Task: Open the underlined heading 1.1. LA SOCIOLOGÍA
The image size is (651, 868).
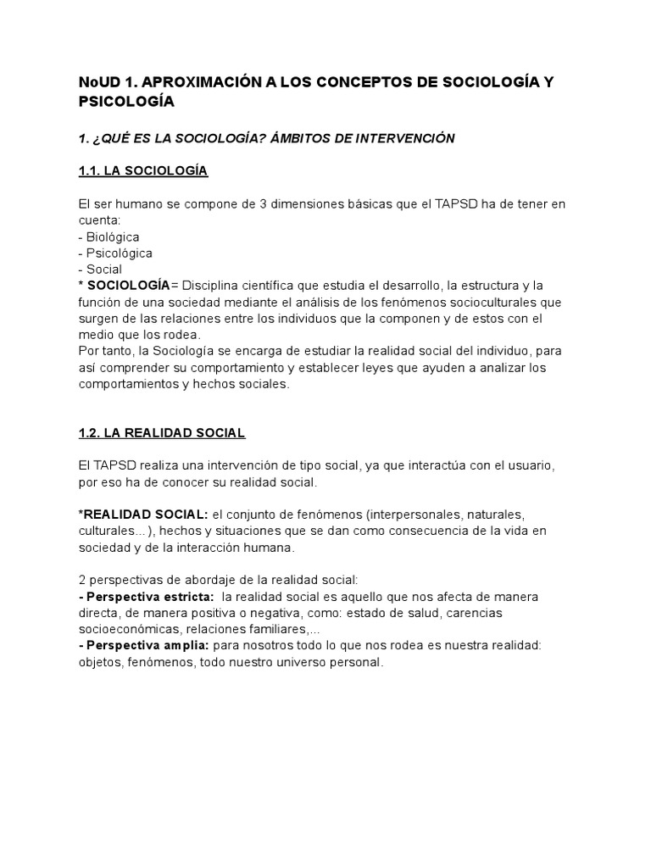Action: click(x=142, y=171)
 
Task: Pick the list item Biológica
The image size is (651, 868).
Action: click(x=112, y=236)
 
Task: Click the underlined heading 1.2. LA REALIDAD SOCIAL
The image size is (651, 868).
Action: click(x=161, y=433)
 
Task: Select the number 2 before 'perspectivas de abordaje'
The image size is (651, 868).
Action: click(x=81, y=581)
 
